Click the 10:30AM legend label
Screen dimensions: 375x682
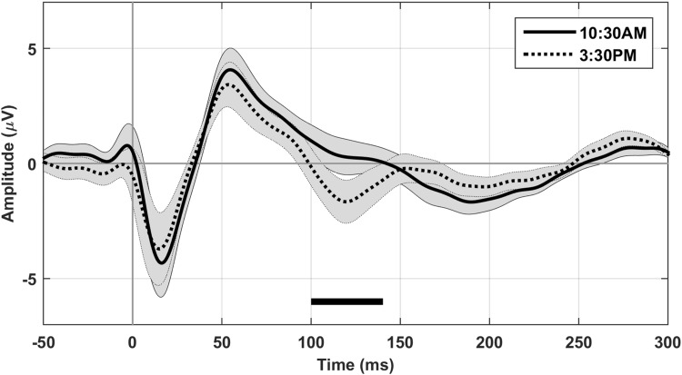pyautogui.click(x=614, y=32)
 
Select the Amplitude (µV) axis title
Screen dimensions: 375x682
pyautogui.click(x=10, y=163)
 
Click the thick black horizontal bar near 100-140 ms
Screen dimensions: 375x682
pyautogui.click(x=346, y=301)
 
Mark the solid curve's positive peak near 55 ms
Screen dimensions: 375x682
pyautogui.click(x=232, y=70)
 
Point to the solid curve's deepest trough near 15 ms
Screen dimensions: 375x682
pyautogui.click(x=161, y=262)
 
